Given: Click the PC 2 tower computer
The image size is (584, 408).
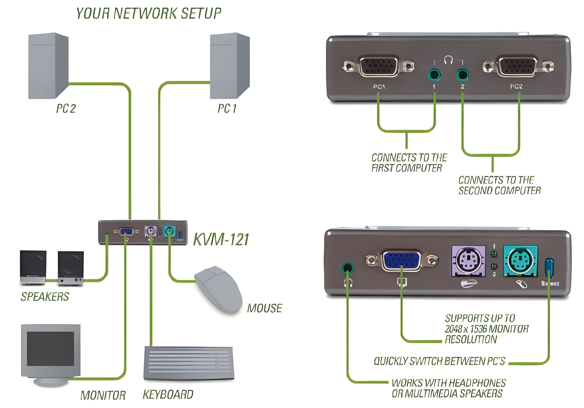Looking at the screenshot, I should pos(48,66).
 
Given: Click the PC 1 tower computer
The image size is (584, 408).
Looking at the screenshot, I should pos(229,66).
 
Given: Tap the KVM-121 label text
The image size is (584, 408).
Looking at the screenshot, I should pos(221,240).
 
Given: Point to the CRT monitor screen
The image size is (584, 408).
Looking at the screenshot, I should pos(50,348).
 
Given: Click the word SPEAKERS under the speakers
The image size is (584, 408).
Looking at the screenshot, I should pos(45,297).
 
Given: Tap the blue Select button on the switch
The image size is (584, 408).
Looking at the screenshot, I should pos(549,268).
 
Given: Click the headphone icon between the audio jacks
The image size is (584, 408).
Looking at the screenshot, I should pos(448,60).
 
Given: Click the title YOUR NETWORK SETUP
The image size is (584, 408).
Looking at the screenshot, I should pos(149,13).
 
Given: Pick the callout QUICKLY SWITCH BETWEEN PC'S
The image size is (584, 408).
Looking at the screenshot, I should pos(439,361).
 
